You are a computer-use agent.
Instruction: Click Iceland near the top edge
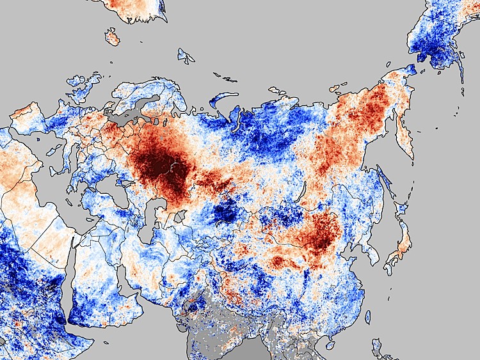pos(113,36)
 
